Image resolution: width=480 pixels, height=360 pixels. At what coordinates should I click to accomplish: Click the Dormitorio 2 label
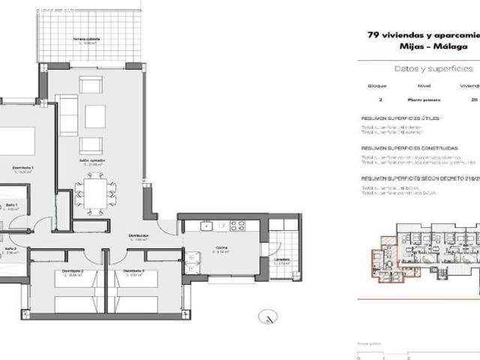pos(72,271)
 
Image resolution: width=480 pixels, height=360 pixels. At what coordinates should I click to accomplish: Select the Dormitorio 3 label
pos(135,271)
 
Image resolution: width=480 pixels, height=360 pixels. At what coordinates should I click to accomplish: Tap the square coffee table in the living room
pos(95,115)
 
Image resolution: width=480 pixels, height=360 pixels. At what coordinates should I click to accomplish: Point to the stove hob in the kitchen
pos(238,226)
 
